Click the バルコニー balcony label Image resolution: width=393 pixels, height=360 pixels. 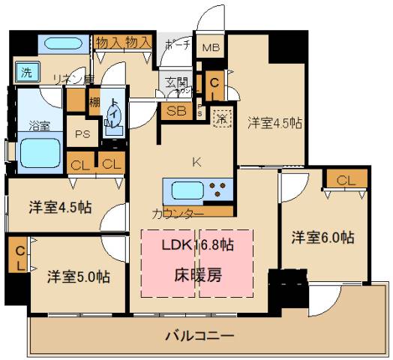[199, 335]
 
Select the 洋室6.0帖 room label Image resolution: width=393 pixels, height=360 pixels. [323, 238]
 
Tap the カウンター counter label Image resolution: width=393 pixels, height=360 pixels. [177, 214]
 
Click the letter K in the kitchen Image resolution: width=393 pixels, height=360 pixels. [197, 160]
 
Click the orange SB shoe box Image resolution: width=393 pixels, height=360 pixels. [176, 111]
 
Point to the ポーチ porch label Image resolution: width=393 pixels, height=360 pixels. [176, 45]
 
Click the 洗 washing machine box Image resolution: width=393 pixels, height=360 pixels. [26, 73]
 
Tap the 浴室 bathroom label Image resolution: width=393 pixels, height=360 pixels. [39, 125]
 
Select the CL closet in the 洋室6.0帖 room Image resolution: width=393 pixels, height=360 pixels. [346, 180]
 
